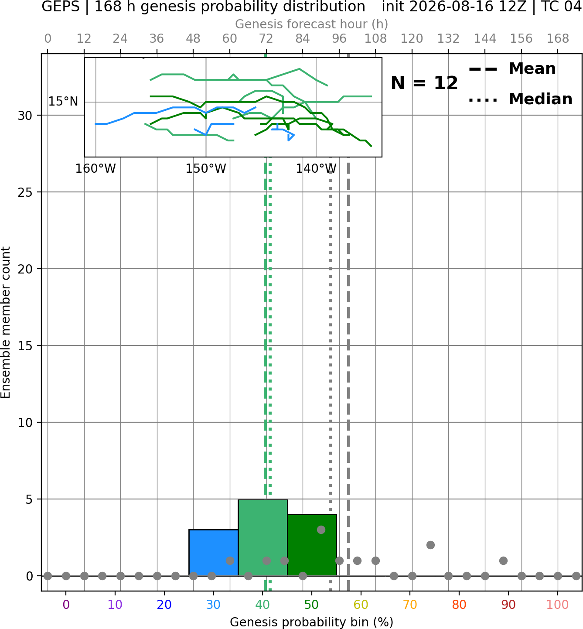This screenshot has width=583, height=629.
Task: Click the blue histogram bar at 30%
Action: pos(213,553)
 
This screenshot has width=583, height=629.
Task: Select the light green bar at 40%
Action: pos(263,537)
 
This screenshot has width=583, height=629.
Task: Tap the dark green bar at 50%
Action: pos(312,545)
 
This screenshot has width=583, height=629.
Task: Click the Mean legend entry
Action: pos(512,69)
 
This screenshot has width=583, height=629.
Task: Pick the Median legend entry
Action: pos(520,99)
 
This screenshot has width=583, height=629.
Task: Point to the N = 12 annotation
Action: pos(424,83)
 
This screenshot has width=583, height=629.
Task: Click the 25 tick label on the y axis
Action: pos(25,192)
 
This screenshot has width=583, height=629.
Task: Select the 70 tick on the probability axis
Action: pos(410,605)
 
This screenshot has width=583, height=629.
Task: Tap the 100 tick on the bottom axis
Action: pos(558,605)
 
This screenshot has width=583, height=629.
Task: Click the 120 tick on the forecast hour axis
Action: pos(412,39)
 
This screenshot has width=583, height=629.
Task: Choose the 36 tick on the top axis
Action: pos(157,39)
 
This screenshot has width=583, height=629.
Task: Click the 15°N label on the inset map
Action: pos(63,102)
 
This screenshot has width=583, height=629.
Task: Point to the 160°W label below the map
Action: pos(95,169)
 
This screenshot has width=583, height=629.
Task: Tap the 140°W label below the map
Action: pos(316,169)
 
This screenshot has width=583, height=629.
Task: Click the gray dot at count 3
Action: pos(321,530)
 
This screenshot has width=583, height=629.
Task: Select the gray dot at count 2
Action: pos(430,545)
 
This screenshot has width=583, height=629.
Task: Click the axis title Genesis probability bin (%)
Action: pos(312,622)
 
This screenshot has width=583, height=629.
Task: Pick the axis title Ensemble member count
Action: pos(6,322)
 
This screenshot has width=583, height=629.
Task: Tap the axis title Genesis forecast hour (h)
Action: pos(312,24)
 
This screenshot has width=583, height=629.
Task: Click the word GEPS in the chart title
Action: pos(61,7)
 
